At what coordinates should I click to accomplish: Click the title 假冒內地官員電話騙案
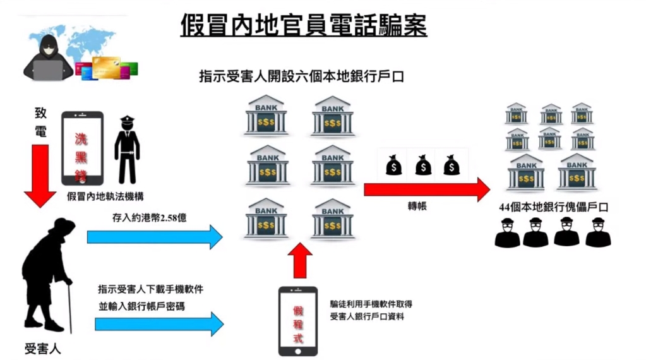tap(303, 25)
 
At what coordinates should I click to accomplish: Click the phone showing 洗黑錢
tap(82, 149)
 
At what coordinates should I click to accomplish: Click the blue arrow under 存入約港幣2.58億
tap(155, 237)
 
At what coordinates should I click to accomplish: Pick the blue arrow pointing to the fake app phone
tap(159, 324)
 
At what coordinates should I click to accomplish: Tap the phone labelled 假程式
tap(298, 321)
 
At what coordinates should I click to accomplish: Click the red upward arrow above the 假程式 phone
tap(299, 260)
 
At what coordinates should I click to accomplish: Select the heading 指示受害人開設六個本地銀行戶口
tap(301, 77)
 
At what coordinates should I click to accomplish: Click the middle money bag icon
tap(423, 166)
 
